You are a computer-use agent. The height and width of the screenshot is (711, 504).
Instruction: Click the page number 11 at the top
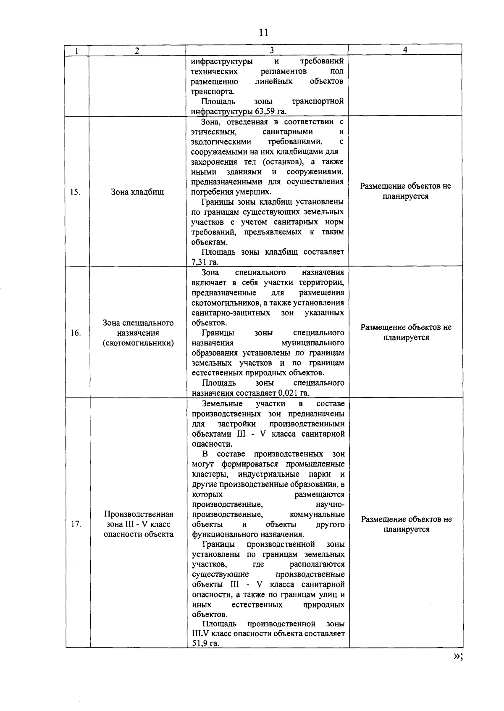(x=264, y=33)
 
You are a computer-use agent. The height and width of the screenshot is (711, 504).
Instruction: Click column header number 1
(x=77, y=50)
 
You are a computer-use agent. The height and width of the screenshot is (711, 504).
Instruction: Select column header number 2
(x=137, y=50)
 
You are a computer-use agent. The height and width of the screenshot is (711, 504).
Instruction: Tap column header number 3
(x=272, y=50)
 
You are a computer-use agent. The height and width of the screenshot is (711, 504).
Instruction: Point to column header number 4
(x=405, y=50)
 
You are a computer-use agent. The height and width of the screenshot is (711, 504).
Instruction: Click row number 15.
(x=75, y=192)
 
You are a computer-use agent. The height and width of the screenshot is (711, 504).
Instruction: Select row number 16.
(x=76, y=333)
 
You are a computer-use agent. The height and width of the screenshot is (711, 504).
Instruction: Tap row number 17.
(x=76, y=524)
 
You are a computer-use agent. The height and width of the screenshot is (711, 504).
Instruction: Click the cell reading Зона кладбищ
(x=137, y=192)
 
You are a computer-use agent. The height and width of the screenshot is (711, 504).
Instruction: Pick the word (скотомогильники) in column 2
(x=138, y=343)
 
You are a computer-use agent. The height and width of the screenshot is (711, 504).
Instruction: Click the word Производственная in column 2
(x=139, y=514)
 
